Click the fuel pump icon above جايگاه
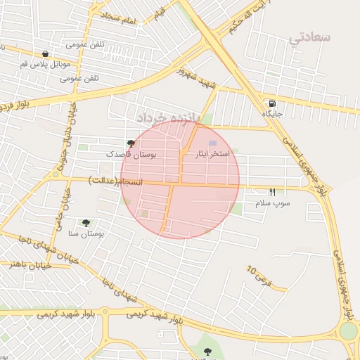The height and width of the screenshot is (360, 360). tap(271, 103)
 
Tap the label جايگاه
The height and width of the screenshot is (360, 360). tap(272, 113)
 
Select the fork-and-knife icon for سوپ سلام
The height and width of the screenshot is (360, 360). tap(272, 192)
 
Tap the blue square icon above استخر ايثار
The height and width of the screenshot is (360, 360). tap(213, 143)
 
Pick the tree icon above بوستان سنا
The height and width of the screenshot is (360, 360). tap(86, 223)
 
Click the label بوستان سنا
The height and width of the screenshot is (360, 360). tap(87, 233)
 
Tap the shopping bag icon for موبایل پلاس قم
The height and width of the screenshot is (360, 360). tap(46, 53)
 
